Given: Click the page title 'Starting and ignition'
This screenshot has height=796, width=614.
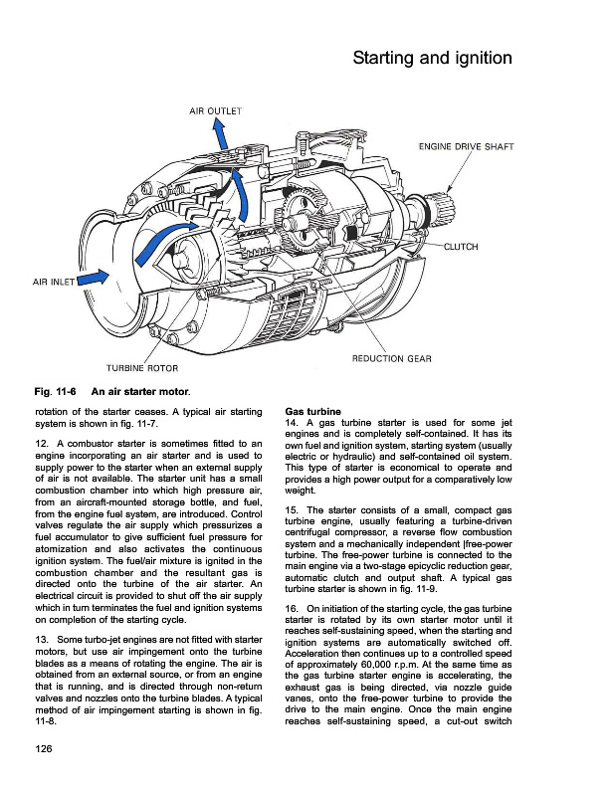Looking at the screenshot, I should tap(432, 59).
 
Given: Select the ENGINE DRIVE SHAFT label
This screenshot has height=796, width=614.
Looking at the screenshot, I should tap(466, 147).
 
